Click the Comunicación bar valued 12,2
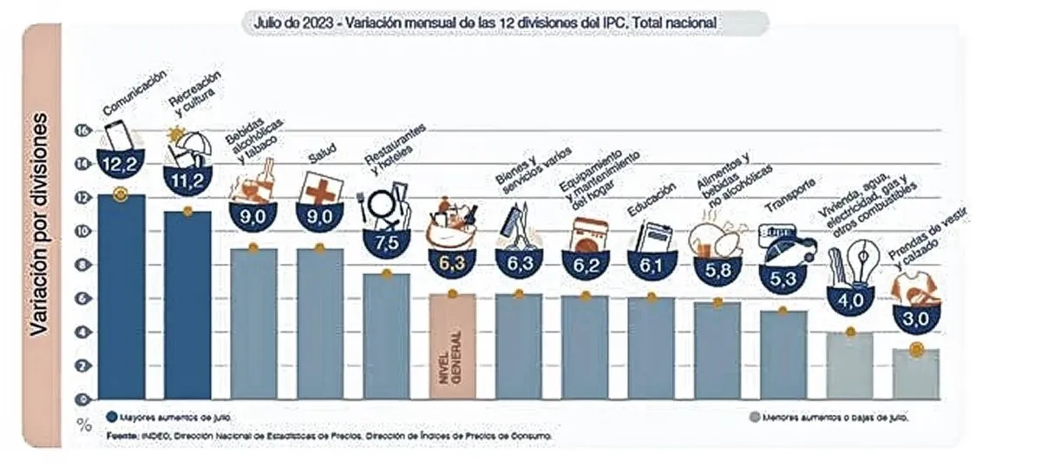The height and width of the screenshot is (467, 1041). [x=121, y=295]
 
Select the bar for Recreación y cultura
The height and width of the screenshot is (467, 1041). [x=187, y=304]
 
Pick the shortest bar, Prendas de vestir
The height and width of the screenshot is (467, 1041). [x=916, y=374]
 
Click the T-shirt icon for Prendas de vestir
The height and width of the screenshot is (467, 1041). [x=915, y=286]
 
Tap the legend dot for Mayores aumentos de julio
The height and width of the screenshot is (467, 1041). [x=112, y=416]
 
